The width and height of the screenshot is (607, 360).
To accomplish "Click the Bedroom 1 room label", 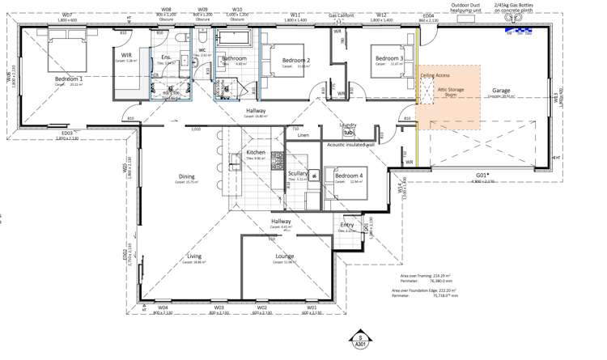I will [69, 79].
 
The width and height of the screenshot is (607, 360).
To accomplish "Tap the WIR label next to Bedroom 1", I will [126, 55].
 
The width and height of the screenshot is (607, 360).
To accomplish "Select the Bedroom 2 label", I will [296, 61].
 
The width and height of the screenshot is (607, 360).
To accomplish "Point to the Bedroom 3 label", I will [389, 58].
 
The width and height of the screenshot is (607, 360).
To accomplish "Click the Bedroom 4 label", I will [349, 176].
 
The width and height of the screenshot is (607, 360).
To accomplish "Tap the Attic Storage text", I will [449, 90].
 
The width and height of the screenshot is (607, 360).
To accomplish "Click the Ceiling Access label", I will [435, 75].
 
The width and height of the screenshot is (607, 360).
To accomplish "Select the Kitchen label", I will [256, 152].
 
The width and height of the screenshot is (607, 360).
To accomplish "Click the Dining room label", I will [187, 176].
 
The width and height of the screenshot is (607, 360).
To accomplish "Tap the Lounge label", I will [284, 256].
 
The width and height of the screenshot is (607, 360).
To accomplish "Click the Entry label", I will [347, 225].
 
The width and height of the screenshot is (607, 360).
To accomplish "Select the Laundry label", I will [348, 125].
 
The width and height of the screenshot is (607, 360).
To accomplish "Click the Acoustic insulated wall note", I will [350, 145].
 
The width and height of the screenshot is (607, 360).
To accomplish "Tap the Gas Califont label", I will [342, 15].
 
